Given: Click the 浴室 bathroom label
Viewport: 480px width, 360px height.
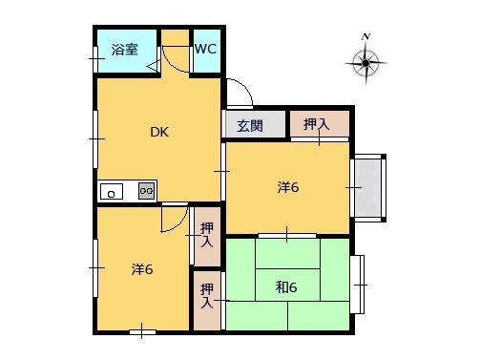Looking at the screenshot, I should click(123, 50).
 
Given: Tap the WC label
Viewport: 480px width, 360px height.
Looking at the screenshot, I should click(205, 49).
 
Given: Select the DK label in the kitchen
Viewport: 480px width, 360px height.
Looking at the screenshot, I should click(158, 133).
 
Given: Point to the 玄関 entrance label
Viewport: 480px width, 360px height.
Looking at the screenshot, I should click(250, 124).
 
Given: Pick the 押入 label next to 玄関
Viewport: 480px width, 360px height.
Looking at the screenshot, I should click(317, 123).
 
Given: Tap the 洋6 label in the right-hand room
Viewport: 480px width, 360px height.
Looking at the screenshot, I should click(288, 187).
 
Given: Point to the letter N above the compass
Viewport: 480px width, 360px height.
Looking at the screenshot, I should click(365, 36).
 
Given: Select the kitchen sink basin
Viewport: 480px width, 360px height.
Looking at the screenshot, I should click(113, 191).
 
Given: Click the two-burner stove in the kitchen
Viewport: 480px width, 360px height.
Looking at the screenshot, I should click(146, 191).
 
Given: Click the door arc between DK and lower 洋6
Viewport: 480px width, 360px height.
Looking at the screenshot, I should click(172, 222).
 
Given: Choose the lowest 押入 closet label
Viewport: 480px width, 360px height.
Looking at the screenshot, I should click(207, 295).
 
